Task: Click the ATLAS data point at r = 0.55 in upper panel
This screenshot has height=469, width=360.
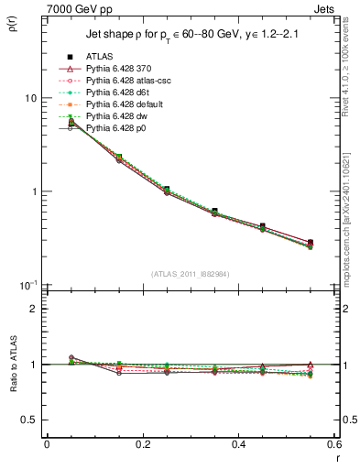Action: pyautogui.click(x=311, y=243)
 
